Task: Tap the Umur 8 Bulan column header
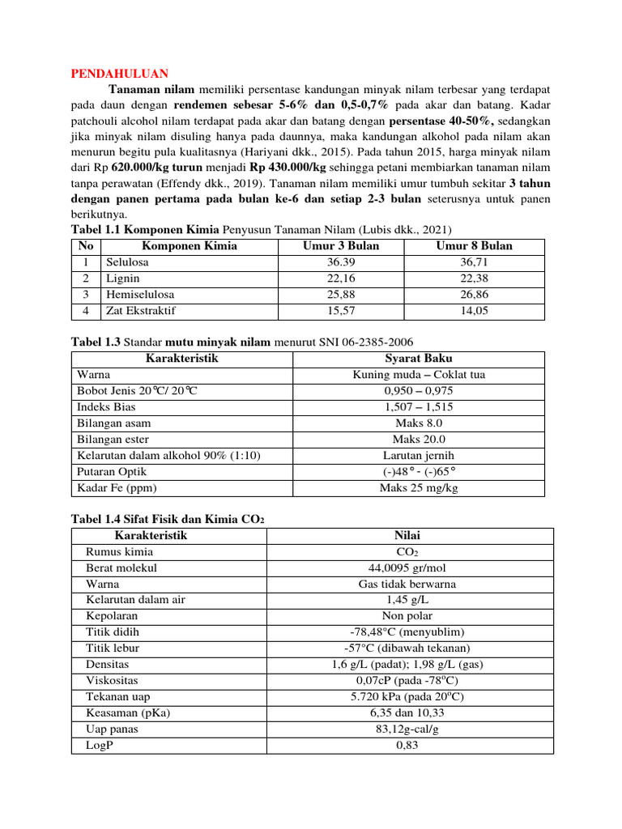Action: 474,246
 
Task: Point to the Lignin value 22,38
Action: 474,278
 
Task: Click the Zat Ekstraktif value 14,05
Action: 474,310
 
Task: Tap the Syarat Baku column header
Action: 419,359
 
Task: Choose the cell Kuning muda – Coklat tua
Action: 419,375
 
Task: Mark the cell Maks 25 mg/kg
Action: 419,487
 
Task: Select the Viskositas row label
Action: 113,680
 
